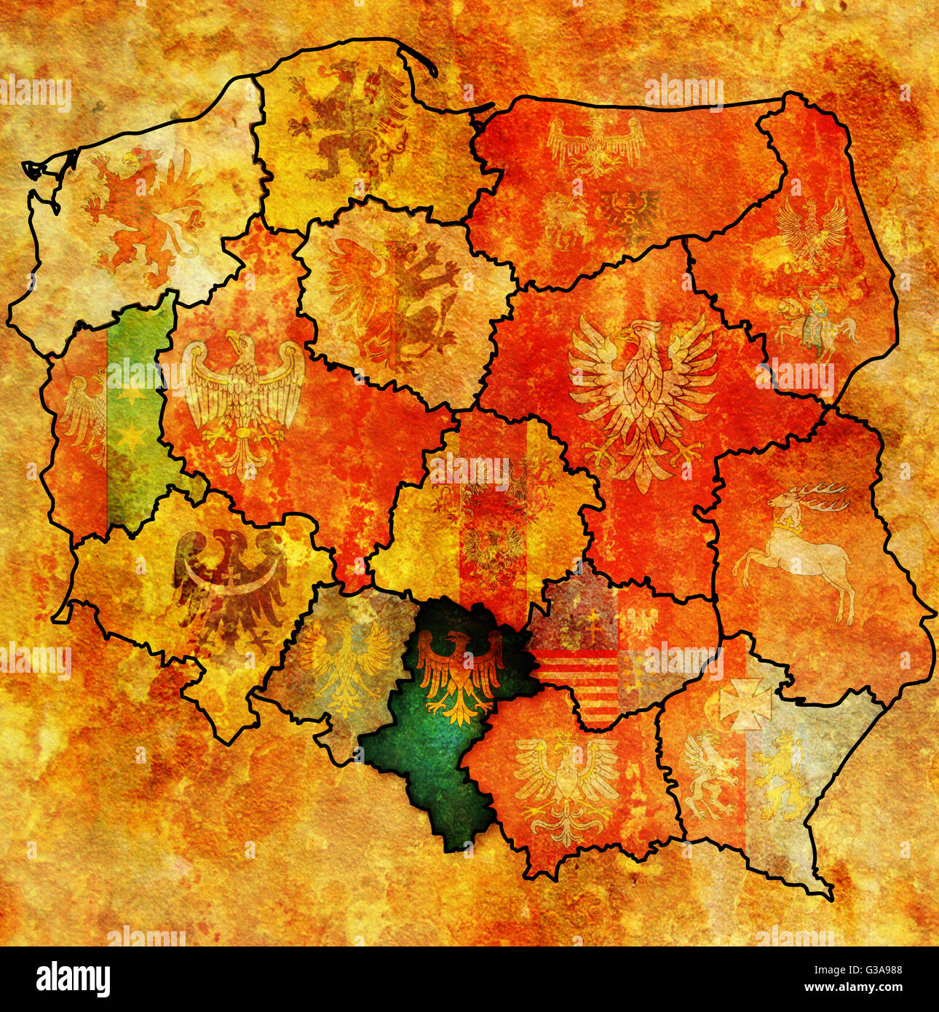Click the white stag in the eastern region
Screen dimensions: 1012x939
(797, 546)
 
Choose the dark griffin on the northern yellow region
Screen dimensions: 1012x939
(349, 120)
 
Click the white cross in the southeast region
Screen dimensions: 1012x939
(745, 703)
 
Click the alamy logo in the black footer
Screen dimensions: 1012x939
(73, 979)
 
